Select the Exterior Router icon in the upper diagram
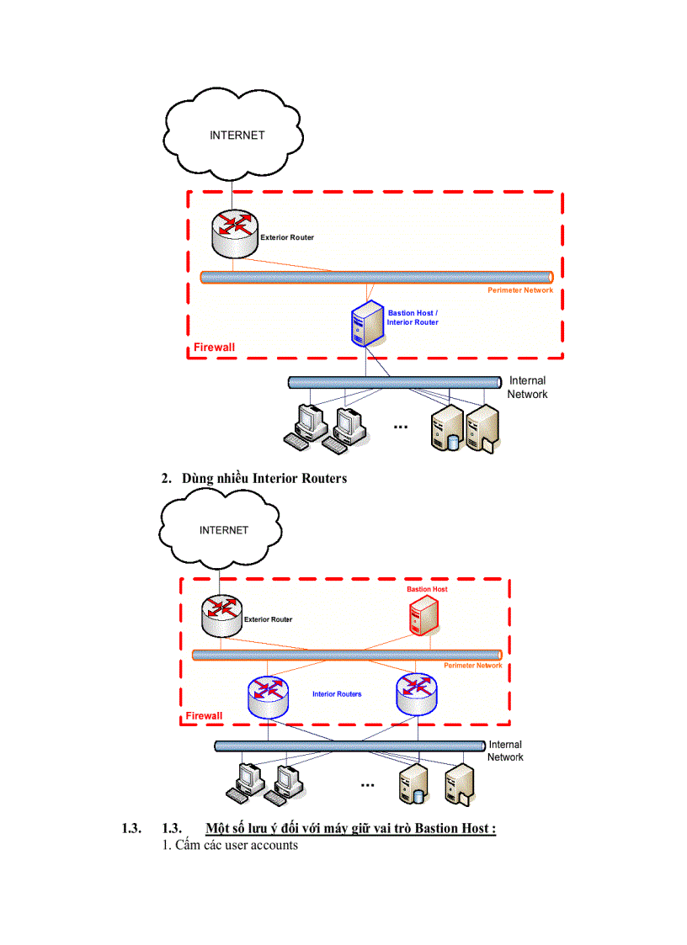tap(235, 234)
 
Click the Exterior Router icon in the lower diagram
tap(221, 617)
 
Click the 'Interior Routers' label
tap(337, 694)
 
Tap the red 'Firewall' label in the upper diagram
tap(215, 348)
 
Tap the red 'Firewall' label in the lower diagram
tap(204, 716)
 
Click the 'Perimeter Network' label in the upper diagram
tap(520, 290)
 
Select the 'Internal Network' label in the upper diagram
tap(528, 387)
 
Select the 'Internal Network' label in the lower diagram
tap(505, 751)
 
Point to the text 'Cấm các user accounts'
tap(230, 845)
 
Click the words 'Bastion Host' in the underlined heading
tap(454, 829)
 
